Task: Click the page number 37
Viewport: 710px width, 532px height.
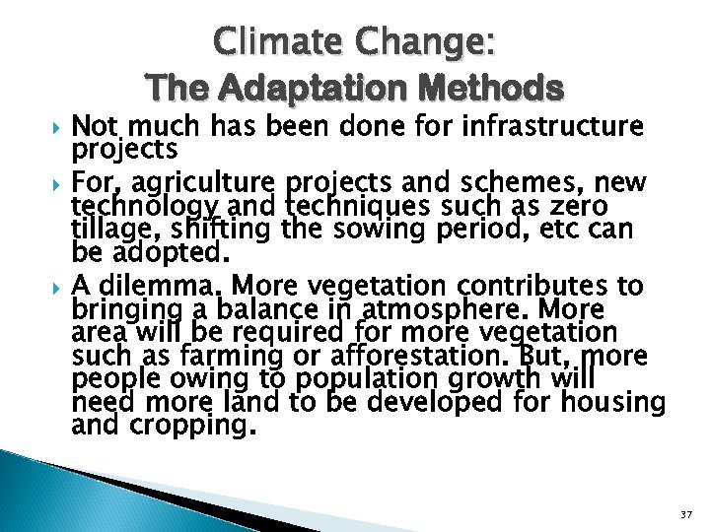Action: point(686,514)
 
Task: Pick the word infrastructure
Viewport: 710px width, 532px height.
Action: point(555,127)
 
